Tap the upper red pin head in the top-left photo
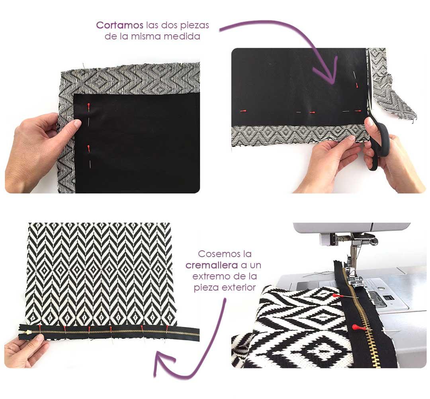pos(88,106)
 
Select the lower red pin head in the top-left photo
pos(88,149)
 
